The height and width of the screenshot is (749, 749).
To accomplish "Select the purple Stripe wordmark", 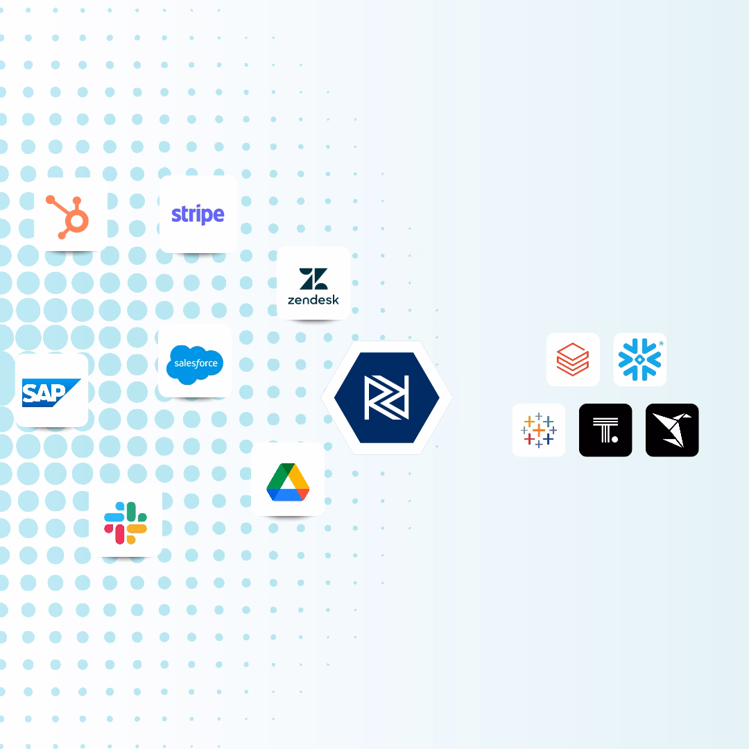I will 198,214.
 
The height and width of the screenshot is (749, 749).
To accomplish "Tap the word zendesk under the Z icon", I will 313,300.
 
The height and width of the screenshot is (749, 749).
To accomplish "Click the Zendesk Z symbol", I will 313,279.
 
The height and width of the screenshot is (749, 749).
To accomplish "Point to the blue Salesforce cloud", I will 195,363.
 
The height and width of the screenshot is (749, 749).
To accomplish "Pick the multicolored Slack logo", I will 126,523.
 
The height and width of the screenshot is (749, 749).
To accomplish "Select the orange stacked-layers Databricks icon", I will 573,359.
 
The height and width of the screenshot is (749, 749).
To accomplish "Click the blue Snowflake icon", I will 639,359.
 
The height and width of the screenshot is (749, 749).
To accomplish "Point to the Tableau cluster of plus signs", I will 539,430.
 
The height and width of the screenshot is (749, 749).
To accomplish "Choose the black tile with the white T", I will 605,430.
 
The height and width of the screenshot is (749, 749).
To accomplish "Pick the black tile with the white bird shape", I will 672,430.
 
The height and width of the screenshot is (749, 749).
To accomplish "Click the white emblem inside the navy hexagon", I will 386,397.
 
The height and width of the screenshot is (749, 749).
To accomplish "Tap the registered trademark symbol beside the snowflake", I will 661,343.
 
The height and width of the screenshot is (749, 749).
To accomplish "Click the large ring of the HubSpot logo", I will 76,222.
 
